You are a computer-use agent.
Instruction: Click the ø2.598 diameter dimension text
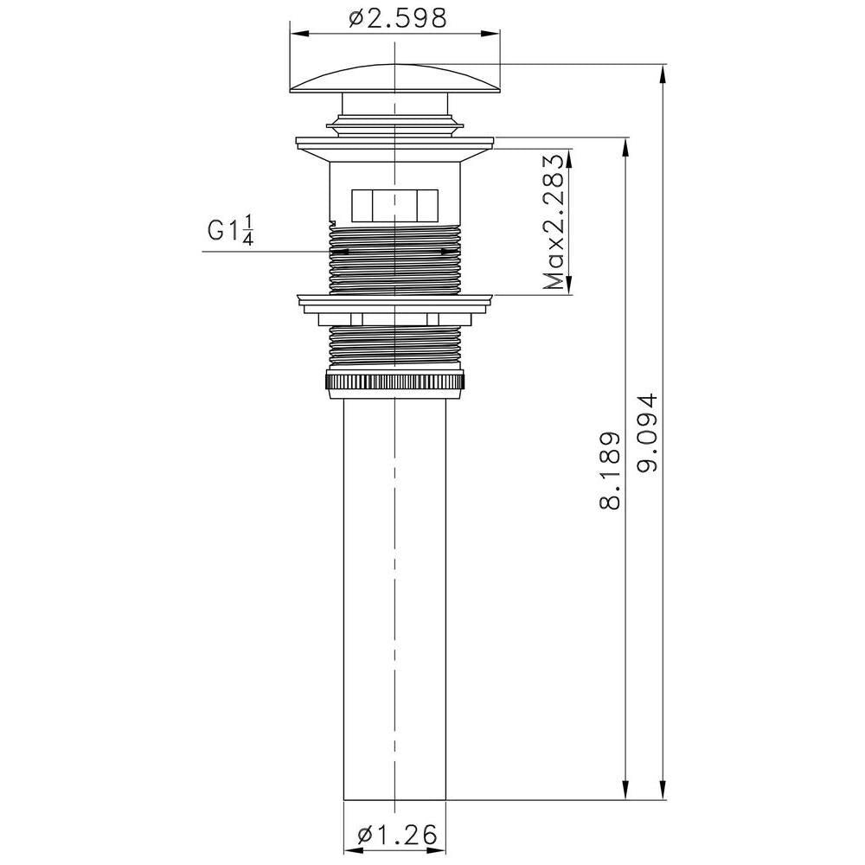click(x=399, y=18)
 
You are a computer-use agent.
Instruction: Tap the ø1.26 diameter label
click(x=395, y=836)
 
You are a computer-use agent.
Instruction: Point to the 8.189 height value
click(x=611, y=471)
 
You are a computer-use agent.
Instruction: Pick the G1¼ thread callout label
click(x=230, y=231)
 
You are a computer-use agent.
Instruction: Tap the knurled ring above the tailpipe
click(x=395, y=381)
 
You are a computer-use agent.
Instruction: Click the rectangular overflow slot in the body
click(x=394, y=205)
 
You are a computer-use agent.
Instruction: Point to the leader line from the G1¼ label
click(x=259, y=252)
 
